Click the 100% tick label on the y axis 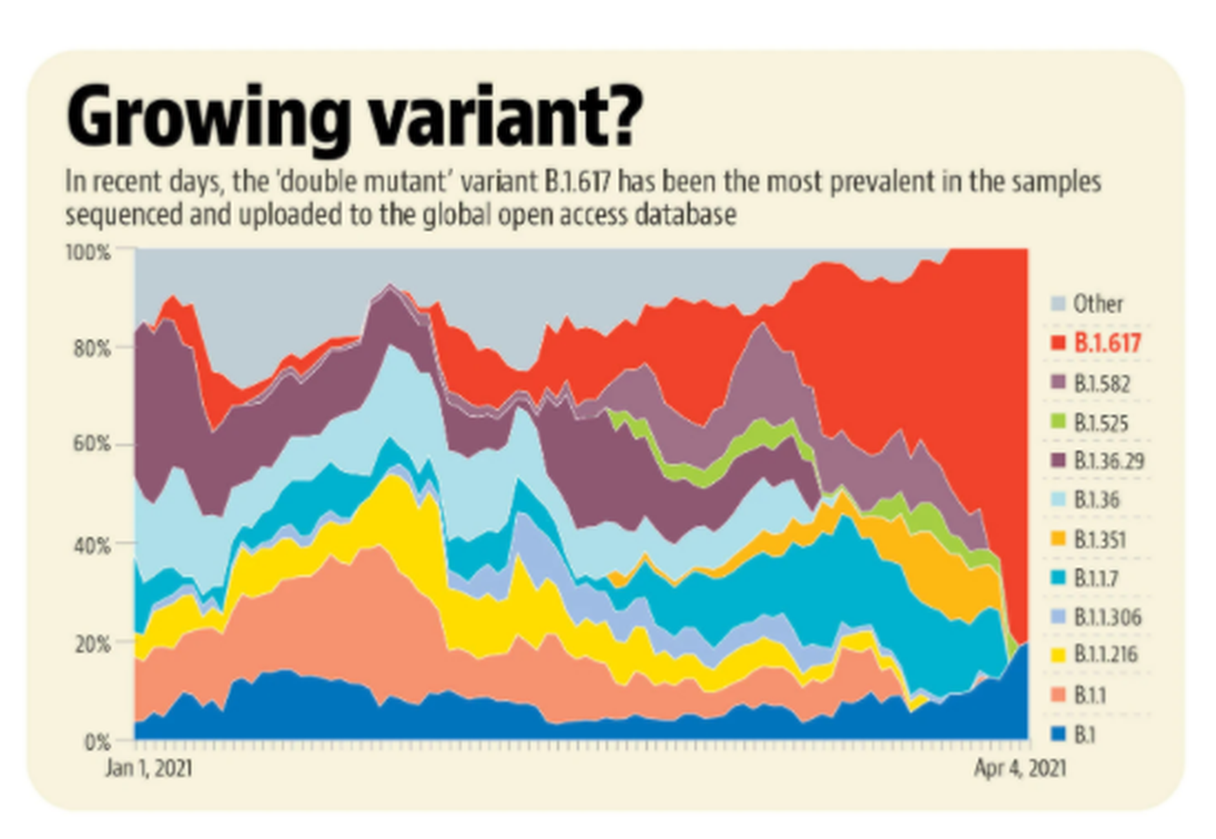click(x=88, y=253)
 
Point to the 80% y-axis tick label click(x=92, y=349)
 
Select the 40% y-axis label click(x=92, y=546)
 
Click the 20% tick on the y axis click(x=92, y=644)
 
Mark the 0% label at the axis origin click(x=98, y=742)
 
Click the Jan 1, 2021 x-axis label click(x=148, y=769)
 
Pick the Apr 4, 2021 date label click(x=1020, y=769)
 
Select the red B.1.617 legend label click(x=1107, y=343)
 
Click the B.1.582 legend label click(x=1101, y=384)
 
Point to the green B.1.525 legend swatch click(x=1058, y=422)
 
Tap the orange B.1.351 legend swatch click(x=1058, y=539)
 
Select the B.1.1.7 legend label click(x=1096, y=579)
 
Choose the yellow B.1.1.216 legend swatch click(x=1058, y=654)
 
